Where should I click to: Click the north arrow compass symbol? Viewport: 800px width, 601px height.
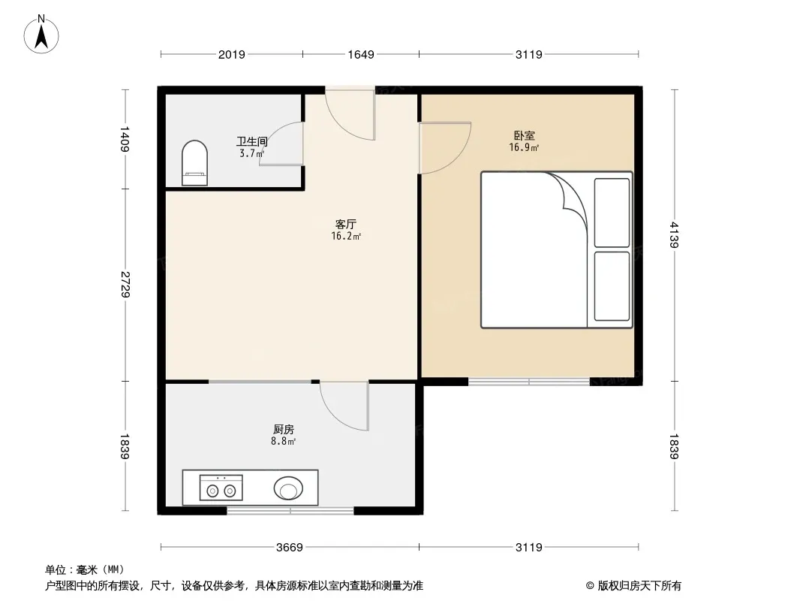[43, 34]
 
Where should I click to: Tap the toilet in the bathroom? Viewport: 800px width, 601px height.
[195, 163]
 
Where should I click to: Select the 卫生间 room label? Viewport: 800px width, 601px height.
[252, 141]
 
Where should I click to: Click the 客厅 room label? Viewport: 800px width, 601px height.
[345, 224]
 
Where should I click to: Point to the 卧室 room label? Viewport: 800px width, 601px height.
[524, 136]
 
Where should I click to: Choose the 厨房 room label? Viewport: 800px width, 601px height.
[283, 430]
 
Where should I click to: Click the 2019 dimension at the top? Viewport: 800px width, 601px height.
[231, 54]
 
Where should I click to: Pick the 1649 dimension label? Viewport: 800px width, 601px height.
[361, 54]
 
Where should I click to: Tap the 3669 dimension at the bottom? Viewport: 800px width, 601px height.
[289, 547]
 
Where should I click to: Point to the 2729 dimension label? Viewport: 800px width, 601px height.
[125, 284]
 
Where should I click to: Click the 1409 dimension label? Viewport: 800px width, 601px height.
[125, 138]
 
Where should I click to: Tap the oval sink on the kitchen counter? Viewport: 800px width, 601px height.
[289, 488]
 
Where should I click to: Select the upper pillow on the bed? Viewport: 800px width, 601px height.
[612, 213]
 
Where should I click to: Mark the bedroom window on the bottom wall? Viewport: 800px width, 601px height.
[529, 382]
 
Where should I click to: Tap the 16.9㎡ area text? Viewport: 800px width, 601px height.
[524, 148]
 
